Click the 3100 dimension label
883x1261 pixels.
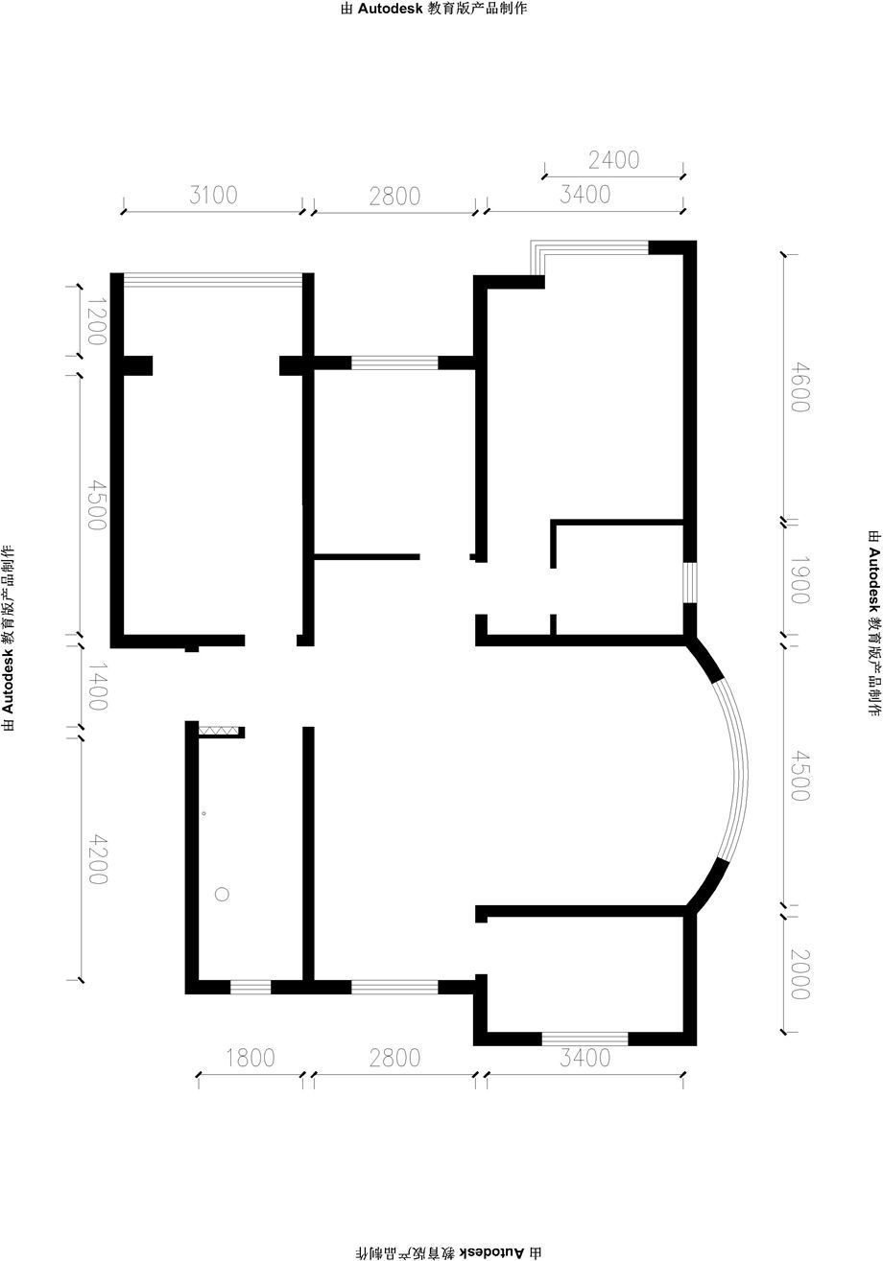coord(213,195)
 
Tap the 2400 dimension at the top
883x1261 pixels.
coord(613,160)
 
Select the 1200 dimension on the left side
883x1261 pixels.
coord(97,321)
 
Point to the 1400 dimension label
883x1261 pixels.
coord(98,686)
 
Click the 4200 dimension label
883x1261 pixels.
coord(98,859)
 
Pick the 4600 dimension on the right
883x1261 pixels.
coord(800,387)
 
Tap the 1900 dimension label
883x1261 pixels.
coord(800,580)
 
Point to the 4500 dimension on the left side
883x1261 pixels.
coord(97,504)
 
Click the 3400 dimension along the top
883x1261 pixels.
coord(585,195)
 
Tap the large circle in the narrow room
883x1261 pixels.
coord(222,894)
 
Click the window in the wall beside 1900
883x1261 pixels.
coord(690,582)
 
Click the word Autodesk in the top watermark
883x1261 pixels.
coord(390,9)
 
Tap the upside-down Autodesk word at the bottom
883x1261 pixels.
coord(493,1252)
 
